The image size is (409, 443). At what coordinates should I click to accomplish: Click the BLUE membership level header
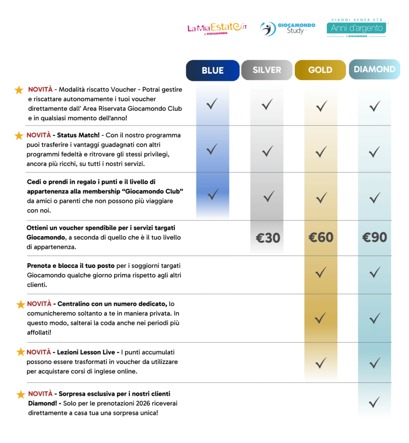(x=213, y=71)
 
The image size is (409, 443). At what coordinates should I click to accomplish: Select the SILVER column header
(x=267, y=70)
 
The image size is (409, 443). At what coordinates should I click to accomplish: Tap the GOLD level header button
(x=320, y=70)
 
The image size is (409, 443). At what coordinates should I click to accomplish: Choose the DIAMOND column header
(x=374, y=70)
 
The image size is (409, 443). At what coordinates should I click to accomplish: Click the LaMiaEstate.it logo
(x=217, y=29)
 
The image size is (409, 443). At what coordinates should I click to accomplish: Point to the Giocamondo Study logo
(x=287, y=29)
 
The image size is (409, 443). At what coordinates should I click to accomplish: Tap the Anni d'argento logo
(x=357, y=28)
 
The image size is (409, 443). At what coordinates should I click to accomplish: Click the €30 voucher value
(x=267, y=238)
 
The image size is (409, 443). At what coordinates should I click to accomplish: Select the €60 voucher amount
(x=321, y=237)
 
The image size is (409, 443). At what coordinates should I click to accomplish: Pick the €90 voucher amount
(x=374, y=237)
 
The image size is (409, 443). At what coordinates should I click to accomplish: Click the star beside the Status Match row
(x=19, y=136)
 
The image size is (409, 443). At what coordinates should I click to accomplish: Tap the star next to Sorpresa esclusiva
(x=20, y=395)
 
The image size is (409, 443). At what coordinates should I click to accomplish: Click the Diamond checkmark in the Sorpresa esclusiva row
(x=374, y=402)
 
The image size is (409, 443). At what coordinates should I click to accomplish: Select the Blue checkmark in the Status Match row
(x=212, y=150)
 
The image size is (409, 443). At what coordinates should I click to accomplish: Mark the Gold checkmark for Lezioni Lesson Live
(x=321, y=363)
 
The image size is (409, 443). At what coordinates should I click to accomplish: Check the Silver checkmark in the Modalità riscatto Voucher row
(x=267, y=104)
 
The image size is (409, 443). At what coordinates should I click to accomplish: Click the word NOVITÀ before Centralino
(x=39, y=304)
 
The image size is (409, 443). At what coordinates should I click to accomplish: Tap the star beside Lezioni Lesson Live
(x=20, y=352)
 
